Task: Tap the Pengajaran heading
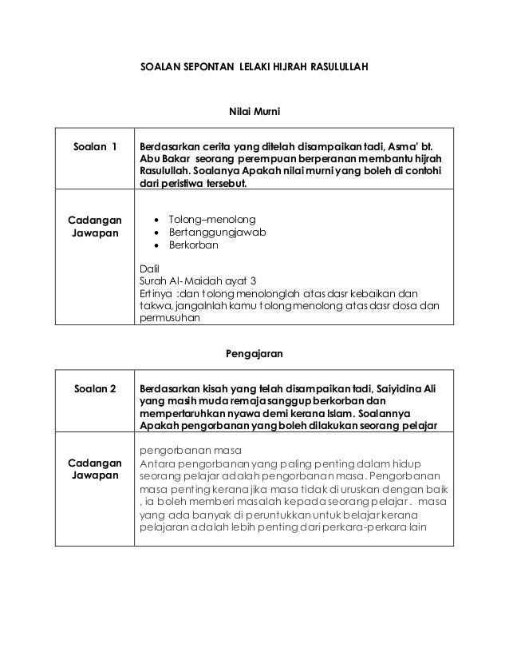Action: tap(254, 351)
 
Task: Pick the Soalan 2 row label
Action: tap(95, 389)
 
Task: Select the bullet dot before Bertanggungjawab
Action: tap(160, 233)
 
